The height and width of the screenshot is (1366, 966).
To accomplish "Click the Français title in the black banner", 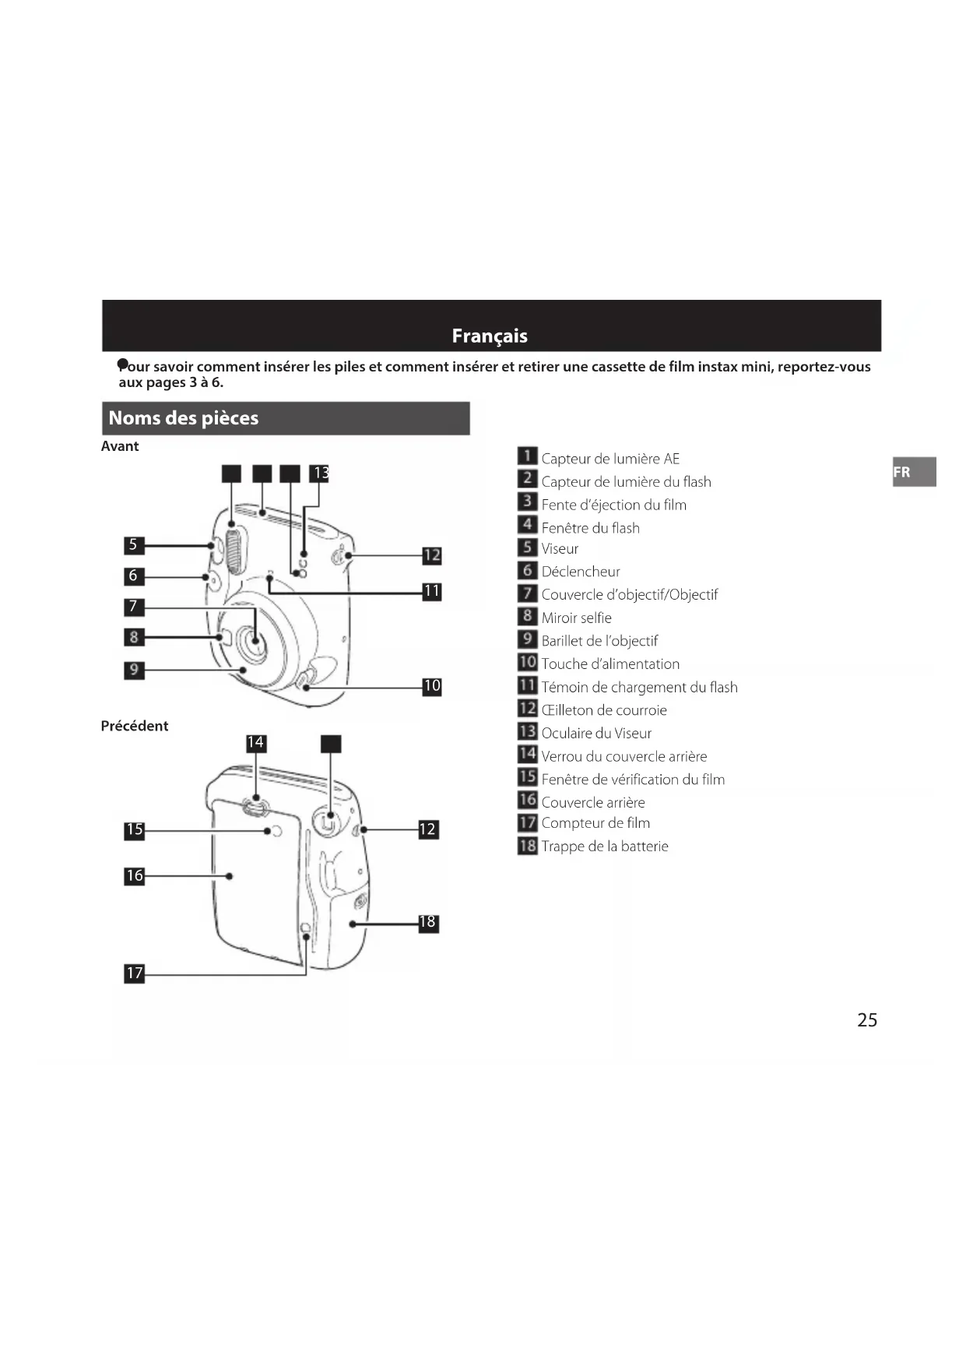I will tap(490, 336).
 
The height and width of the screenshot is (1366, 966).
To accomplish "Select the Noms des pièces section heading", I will tap(184, 418).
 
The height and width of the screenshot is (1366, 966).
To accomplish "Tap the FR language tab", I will tap(902, 472).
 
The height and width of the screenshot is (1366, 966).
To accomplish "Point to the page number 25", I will tap(867, 1020).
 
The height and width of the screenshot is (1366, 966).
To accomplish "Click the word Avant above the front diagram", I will tap(120, 446).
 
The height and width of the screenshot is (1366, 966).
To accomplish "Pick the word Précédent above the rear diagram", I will tap(135, 726).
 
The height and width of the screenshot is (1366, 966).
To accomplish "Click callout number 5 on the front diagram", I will tap(134, 545).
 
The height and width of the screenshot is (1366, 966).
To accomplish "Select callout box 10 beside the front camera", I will tap(432, 686).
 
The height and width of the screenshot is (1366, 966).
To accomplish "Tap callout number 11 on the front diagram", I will tap(432, 591).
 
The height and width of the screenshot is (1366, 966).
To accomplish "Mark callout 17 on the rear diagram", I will tap(135, 973).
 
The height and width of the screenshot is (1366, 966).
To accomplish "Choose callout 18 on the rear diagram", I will tap(428, 923).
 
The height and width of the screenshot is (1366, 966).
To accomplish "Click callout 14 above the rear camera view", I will tap(255, 743).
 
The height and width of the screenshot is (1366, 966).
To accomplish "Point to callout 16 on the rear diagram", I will tap(135, 876).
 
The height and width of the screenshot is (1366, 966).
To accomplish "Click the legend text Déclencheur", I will tap(581, 572).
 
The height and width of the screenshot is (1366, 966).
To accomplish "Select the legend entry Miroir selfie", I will tap(577, 618).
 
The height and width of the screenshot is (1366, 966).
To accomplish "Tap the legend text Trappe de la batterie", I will tap(605, 847).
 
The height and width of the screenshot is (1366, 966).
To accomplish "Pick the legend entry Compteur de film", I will tap(595, 823).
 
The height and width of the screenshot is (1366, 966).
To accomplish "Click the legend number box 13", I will tap(528, 731).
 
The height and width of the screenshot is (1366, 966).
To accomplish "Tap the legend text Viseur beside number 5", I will tap(560, 549).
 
